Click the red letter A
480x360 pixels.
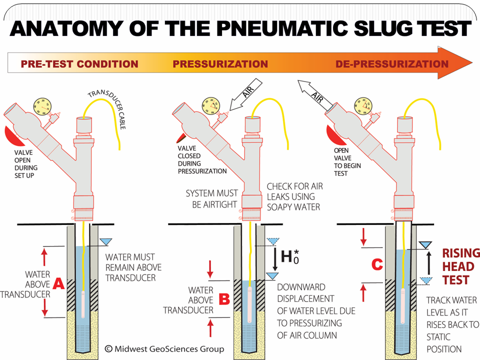tap(58, 283)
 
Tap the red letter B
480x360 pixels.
tap(224, 299)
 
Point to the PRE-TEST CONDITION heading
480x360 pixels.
tap(79, 64)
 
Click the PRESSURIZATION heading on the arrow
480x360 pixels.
tap(220, 64)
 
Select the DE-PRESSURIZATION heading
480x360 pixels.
tap(392, 64)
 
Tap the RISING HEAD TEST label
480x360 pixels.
tap(460, 266)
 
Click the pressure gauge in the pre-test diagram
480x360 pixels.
tap(42, 106)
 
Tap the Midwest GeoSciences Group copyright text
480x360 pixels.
tap(164, 348)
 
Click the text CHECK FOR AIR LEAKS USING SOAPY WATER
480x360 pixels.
tap(295, 196)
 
